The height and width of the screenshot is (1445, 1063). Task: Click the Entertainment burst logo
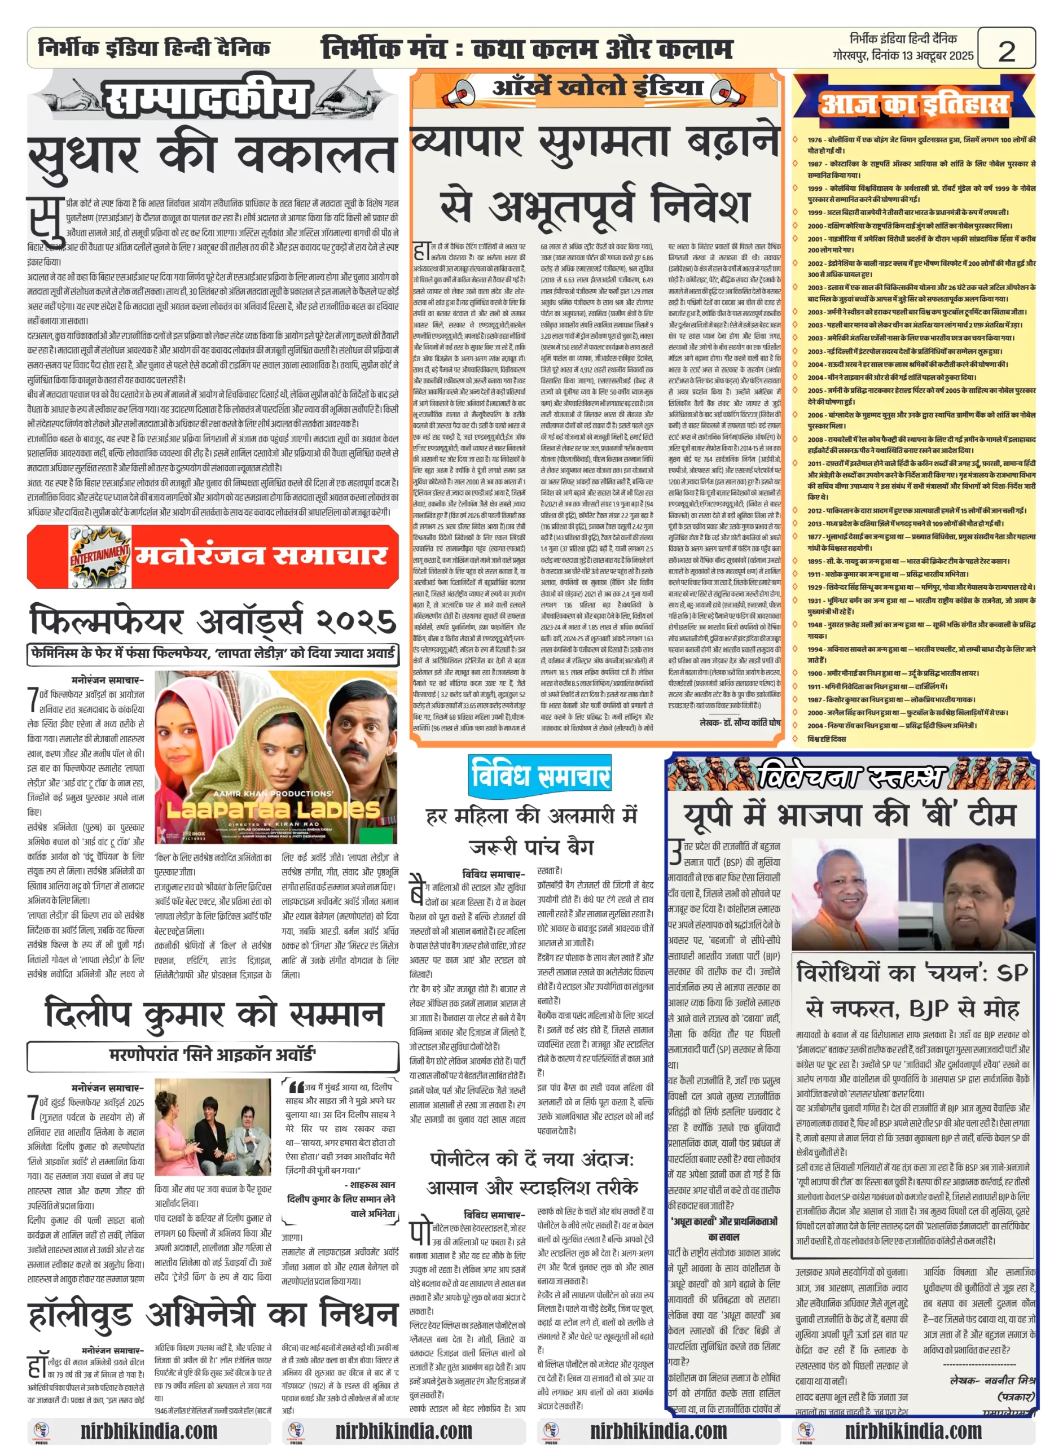(x=99, y=555)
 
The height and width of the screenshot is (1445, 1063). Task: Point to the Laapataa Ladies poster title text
(x=274, y=809)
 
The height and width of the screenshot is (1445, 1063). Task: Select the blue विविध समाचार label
(x=539, y=774)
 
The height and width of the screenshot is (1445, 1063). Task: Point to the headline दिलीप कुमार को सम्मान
(x=214, y=1014)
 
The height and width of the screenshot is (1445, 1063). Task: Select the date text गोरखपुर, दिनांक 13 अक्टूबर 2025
(x=903, y=56)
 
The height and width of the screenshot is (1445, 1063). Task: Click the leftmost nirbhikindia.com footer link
(x=148, y=1431)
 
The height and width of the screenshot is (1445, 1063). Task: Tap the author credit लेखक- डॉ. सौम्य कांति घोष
(x=740, y=723)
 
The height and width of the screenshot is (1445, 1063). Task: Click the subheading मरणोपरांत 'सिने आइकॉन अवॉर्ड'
(x=212, y=1055)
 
